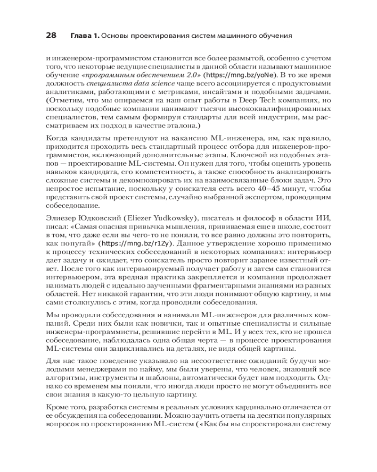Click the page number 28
click(x=51, y=35)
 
